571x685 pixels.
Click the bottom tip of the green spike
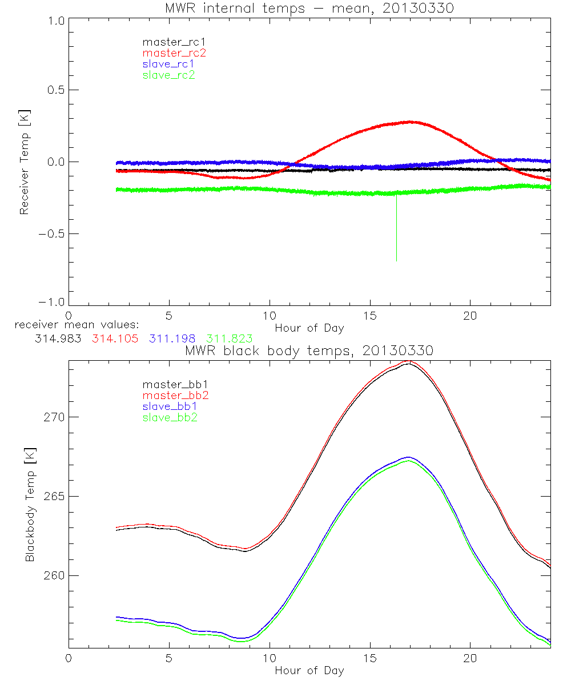pos(396,260)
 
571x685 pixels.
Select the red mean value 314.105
pos(114,339)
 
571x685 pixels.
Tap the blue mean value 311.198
pos(172,339)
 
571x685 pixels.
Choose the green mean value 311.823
pos(230,339)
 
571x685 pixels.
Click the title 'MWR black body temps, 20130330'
pos(309,351)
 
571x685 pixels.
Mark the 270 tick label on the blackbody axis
pos(54,417)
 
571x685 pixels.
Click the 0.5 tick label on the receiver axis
pos(54,90)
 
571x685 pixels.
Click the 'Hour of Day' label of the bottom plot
pos(309,670)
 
